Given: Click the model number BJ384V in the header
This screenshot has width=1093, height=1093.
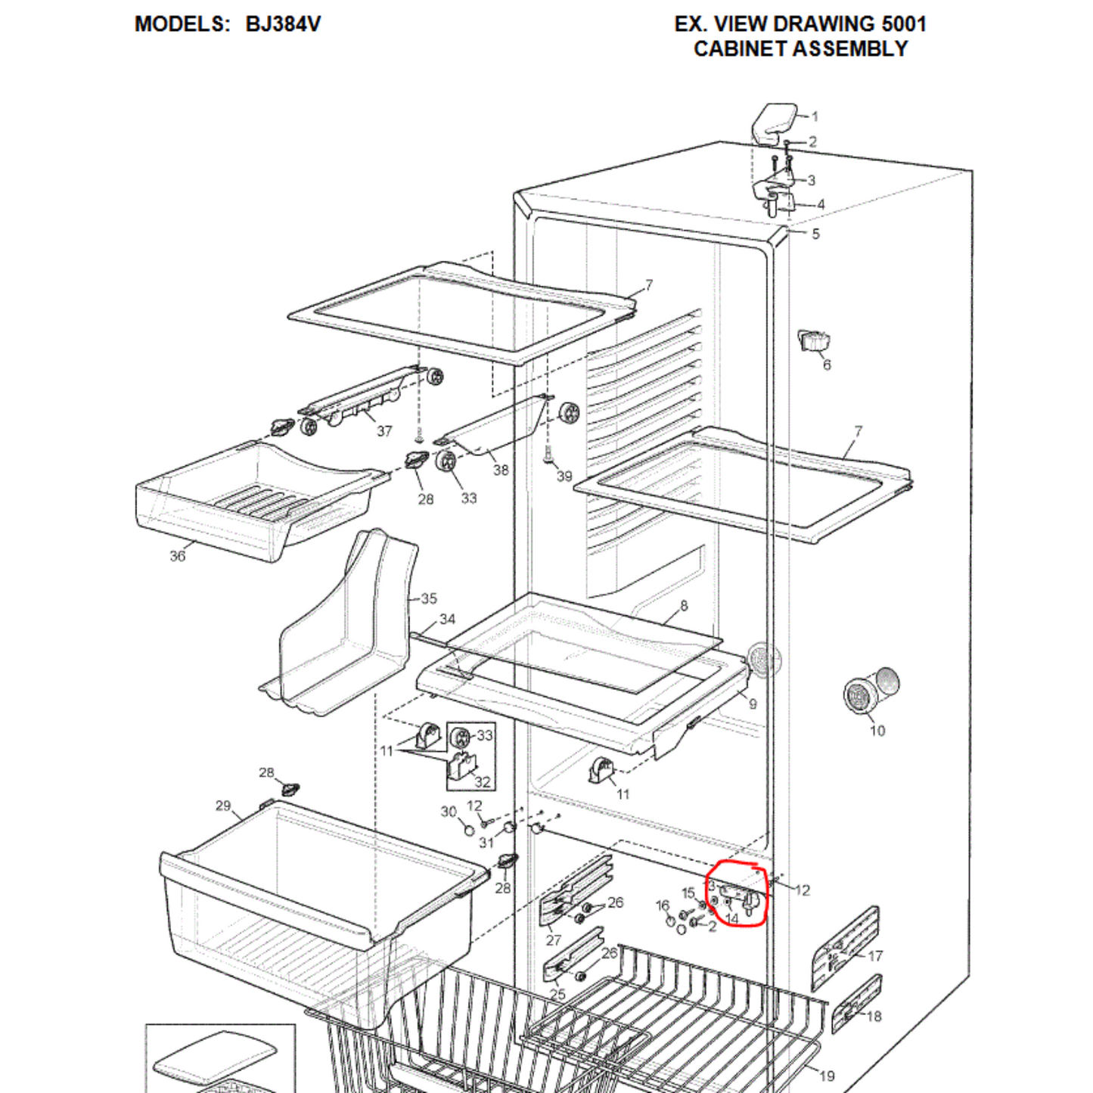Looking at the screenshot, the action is pos(282,23).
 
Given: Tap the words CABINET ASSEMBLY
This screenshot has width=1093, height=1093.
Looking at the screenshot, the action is pos(800,48).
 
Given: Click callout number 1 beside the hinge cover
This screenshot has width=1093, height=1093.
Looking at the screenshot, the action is pos(815,116).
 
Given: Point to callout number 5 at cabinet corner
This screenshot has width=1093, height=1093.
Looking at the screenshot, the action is pos(815,234).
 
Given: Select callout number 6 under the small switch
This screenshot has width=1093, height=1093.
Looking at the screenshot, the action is pos(827,365).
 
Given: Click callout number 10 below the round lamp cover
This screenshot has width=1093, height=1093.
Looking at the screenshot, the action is pos(877,731).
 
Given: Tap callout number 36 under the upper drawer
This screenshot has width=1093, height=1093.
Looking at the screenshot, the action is pos(178,556).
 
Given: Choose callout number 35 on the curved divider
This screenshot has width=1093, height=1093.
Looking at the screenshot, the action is pos(429,598).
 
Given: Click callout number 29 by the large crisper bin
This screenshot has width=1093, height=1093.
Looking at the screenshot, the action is pos(223,806).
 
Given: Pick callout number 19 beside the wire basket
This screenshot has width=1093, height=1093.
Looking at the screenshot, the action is pos(828,1075).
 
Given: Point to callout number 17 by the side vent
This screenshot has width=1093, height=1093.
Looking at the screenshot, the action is pos(875,956).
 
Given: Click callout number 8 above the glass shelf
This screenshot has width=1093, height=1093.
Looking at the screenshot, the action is pos(684,606).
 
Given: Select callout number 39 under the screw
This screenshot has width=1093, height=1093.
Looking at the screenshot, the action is pos(564,476).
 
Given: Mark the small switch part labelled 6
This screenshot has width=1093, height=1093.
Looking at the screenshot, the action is pos(815,341).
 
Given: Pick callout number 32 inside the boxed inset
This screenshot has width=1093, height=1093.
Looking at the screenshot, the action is pos(482,782).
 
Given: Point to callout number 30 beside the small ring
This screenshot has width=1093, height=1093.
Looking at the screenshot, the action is pos(449,812).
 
